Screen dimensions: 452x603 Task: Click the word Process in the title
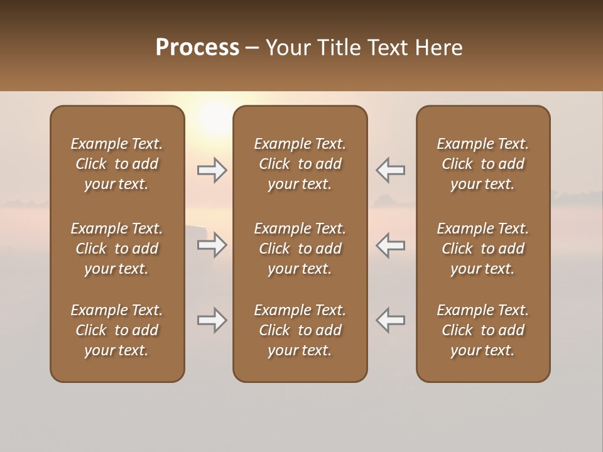click(x=197, y=48)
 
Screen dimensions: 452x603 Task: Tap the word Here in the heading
click(x=440, y=48)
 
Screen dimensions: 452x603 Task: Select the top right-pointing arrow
click(x=212, y=170)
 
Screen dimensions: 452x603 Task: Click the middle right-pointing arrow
click(x=212, y=245)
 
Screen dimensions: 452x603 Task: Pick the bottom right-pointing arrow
click(x=212, y=320)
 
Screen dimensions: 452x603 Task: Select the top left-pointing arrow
click(x=390, y=170)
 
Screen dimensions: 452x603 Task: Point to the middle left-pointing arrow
click(x=390, y=245)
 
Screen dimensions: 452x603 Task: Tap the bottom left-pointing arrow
click(x=390, y=320)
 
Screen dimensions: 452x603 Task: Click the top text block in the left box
click(x=117, y=164)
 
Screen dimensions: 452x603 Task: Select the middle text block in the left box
click(x=117, y=249)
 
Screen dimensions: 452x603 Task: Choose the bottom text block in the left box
click(x=117, y=330)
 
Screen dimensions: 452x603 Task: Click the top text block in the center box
click(x=300, y=164)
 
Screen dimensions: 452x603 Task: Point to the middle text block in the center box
click(x=300, y=249)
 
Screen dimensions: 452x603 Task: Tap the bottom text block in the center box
click(x=300, y=330)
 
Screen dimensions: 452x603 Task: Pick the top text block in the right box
click(x=483, y=164)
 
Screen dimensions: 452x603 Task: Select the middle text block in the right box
click(x=483, y=249)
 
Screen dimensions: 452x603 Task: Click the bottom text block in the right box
click(x=483, y=330)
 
